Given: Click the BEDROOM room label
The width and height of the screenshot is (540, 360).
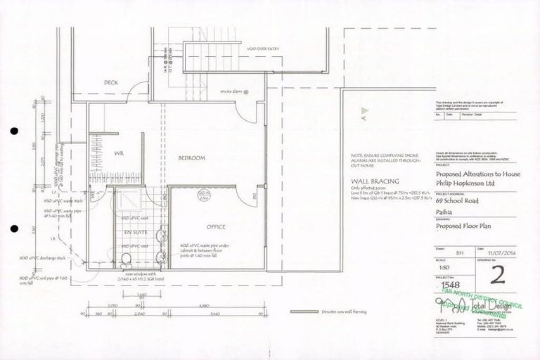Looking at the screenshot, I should tap(191, 158).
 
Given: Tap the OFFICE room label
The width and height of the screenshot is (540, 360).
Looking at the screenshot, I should tap(216, 227).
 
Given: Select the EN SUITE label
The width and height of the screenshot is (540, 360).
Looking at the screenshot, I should tap(134, 231).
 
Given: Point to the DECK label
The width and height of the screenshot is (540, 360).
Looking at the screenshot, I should tap(111, 82).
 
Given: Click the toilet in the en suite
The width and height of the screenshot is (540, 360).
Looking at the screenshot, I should tap(126, 259).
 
